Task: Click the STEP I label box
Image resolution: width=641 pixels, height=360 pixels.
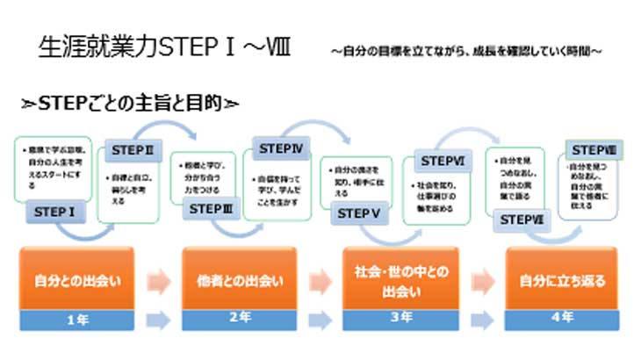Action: tap(54, 211)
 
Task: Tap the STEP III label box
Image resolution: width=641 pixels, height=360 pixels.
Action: tap(211, 209)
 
